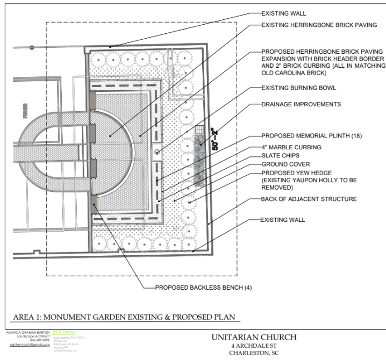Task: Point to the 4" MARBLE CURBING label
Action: (291, 147)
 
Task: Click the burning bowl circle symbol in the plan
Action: (157, 153)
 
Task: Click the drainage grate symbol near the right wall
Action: (199, 130)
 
